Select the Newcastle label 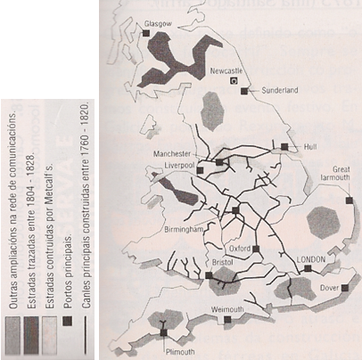225,68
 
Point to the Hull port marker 284,145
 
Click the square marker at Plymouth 163,333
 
